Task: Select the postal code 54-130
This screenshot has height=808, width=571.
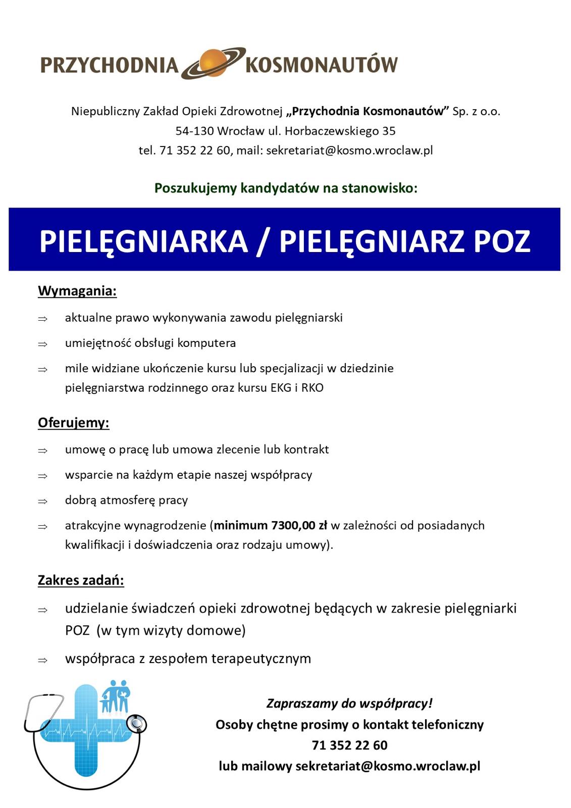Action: [194, 131]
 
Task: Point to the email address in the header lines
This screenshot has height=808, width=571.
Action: [349, 150]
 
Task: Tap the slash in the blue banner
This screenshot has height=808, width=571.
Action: [263, 241]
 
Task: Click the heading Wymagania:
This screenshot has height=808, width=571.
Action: [77, 291]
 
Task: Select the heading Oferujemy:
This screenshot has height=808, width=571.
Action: [74, 423]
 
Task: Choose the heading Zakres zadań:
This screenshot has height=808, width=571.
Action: [81, 580]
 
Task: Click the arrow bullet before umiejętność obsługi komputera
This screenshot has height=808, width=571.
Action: [43, 344]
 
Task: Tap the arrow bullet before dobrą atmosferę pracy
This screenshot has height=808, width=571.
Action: [43, 501]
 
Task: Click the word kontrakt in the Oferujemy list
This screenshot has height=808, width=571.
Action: [306, 449]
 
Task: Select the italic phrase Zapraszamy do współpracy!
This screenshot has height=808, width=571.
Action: [349, 703]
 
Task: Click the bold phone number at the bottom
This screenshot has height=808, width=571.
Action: [349, 745]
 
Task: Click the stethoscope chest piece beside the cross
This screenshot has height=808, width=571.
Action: [136, 724]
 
